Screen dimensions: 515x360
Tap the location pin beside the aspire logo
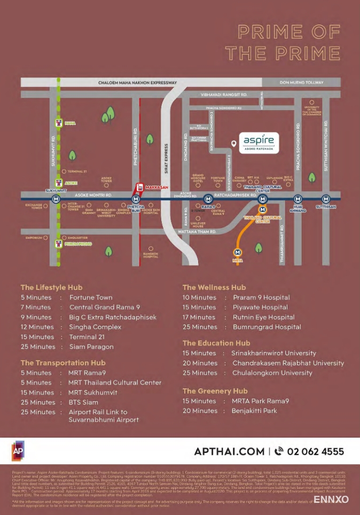tap(233, 144)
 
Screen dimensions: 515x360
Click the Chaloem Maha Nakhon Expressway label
tap(137, 83)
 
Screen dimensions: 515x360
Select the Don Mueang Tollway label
tap(302, 83)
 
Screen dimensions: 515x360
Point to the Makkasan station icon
tap(140, 187)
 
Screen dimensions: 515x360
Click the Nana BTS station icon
tap(58, 123)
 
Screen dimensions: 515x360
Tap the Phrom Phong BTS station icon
tap(58, 244)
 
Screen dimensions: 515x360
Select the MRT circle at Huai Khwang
tap(298, 199)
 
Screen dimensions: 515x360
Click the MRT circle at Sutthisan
tap(325, 199)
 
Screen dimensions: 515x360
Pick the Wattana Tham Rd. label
tap(198, 232)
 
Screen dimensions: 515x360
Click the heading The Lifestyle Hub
tap(51, 287)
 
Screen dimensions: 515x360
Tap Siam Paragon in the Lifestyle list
tap(91, 347)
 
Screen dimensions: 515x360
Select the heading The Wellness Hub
tap(214, 287)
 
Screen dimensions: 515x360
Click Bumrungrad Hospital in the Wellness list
tap(267, 327)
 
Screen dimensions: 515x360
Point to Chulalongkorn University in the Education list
tap(271, 373)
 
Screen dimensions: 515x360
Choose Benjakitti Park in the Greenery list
tap(254, 411)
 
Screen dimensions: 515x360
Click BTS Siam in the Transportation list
tap(83, 402)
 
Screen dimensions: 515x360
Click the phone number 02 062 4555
tap(315, 451)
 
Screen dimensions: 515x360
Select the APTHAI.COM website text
tap(229, 451)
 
